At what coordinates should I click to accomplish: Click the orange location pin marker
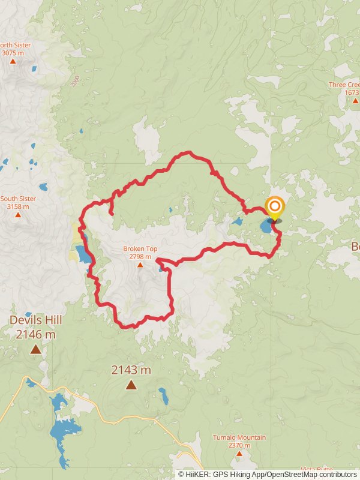[x=275, y=208]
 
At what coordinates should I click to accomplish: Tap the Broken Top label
[x=140, y=248]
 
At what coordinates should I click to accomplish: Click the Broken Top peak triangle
[x=140, y=264]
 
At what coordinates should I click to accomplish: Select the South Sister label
[x=18, y=199]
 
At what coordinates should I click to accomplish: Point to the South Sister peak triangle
[x=17, y=214]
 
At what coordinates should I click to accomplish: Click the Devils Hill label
[x=36, y=320]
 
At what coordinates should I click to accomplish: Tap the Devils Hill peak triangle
[x=36, y=349]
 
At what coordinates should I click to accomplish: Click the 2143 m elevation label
[x=131, y=370]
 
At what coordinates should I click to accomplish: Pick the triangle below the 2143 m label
[x=131, y=385]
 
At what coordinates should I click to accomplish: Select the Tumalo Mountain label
[x=239, y=437]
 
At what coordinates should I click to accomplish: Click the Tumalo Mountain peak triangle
[x=239, y=453]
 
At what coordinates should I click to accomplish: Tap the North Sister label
[x=14, y=45]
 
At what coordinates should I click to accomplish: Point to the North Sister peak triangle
[x=13, y=61]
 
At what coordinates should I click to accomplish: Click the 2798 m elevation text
[x=140, y=256]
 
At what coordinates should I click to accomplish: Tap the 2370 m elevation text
[x=239, y=445]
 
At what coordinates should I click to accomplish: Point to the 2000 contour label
[x=75, y=82]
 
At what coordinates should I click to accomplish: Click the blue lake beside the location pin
[x=265, y=227]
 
